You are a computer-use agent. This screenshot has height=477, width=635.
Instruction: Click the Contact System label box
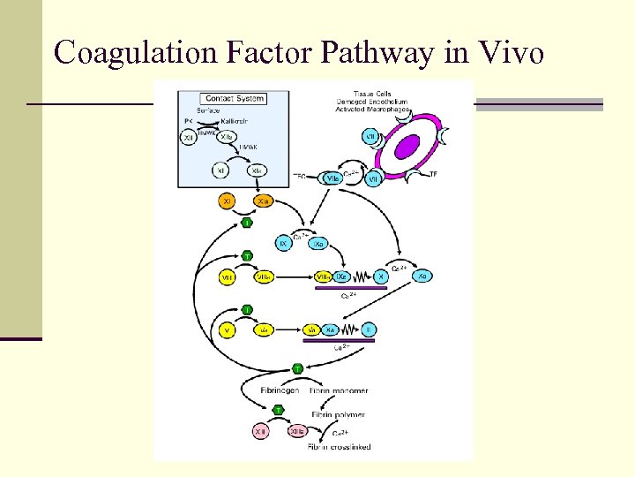click(233, 98)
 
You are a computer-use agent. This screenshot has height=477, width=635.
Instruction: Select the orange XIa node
click(262, 201)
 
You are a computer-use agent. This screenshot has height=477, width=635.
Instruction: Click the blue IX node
click(284, 242)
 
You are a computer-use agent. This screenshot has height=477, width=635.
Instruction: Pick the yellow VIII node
click(227, 277)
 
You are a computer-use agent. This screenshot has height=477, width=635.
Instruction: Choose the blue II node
click(369, 329)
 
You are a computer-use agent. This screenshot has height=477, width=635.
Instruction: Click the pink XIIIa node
click(296, 432)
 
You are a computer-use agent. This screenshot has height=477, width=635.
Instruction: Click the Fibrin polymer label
click(338, 414)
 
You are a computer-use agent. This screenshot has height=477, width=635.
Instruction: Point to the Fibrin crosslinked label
click(339, 447)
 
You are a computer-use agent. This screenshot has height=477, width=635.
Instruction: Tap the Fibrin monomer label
click(339, 390)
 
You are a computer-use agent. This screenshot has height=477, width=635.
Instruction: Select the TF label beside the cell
click(432, 175)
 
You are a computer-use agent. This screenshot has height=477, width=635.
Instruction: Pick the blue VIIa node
click(332, 178)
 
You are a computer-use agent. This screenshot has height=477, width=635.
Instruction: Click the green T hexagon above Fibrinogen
click(297, 368)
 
